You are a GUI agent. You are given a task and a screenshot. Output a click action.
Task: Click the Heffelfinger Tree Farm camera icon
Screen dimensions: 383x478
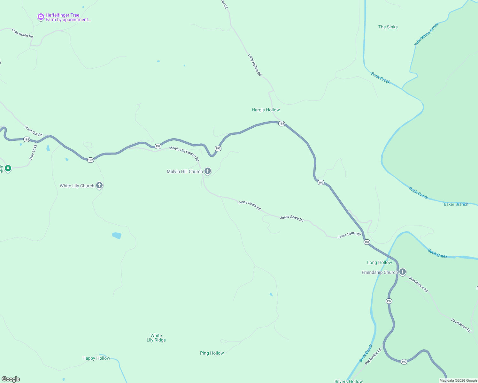click(41, 17)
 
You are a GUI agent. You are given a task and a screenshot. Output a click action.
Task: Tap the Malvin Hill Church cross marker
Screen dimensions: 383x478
click(208, 171)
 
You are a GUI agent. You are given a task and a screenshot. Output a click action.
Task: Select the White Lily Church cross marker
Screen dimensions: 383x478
click(99, 185)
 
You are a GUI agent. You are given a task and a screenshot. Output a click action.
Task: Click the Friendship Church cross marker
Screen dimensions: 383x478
click(403, 272)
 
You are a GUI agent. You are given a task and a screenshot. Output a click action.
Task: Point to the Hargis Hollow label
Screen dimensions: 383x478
click(266, 110)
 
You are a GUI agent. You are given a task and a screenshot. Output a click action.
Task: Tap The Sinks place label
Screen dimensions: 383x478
click(388, 27)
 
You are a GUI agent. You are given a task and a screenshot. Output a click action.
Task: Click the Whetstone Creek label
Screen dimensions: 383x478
click(427, 34)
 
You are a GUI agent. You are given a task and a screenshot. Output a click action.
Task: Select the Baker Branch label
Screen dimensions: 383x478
click(456, 204)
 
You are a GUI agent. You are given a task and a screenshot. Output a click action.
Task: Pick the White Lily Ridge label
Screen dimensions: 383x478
click(156, 338)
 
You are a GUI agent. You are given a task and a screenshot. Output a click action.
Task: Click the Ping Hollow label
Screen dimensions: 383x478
click(212, 353)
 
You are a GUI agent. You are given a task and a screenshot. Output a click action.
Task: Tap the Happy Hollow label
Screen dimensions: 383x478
click(96, 358)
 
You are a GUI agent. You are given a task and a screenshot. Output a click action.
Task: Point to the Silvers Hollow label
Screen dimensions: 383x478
click(349, 381)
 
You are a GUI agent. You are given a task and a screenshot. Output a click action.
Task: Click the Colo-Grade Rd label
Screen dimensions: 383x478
click(22, 33)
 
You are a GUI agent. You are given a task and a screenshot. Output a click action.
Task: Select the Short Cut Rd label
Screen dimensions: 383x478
click(34, 131)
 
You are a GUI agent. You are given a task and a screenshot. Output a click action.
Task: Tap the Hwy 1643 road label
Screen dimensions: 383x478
click(33, 152)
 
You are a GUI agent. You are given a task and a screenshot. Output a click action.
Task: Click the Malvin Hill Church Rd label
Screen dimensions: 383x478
click(184, 154)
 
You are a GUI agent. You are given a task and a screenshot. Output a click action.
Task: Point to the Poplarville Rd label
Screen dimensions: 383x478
click(373, 357)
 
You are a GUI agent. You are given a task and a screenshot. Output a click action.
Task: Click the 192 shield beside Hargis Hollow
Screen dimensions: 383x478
click(281, 124)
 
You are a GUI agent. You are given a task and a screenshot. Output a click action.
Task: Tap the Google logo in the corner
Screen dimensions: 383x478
click(11, 379)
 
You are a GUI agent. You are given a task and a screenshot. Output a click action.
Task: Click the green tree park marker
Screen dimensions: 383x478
click(8, 168)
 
